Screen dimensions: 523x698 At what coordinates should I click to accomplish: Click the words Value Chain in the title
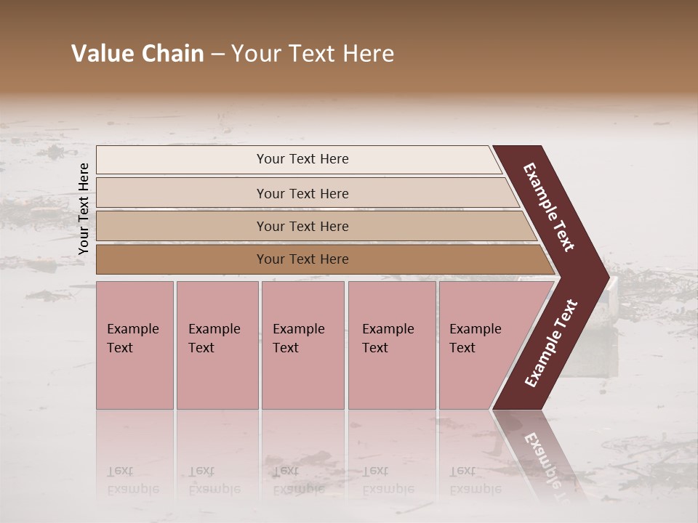[x=137, y=54]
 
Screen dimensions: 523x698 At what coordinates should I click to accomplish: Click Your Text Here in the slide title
[x=313, y=54]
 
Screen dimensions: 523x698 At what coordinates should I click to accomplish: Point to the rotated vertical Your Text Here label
[x=84, y=208]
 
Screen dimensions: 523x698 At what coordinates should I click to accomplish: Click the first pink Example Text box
[x=135, y=345]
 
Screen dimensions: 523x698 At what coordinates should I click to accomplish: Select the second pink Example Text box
[x=217, y=345]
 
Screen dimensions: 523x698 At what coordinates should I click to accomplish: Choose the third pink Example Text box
[x=302, y=345]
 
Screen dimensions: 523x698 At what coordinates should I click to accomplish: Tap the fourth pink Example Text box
[x=392, y=345]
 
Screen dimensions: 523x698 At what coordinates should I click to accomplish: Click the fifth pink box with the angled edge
[x=480, y=345]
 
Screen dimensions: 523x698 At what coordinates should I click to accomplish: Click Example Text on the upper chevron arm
[x=549, y=207]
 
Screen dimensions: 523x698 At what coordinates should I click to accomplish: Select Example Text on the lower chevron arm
[x=551, y=344]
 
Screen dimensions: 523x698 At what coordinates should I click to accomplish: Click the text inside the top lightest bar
[x=302, y=159]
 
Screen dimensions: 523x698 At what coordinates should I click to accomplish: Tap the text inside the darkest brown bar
[x=302, y=259]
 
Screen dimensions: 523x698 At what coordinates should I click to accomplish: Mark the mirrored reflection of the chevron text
[x=545, y=465]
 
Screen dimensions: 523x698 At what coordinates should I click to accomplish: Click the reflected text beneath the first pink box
[x=132, y=480]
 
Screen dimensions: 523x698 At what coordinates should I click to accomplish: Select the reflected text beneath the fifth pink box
[x=475, y=480]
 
